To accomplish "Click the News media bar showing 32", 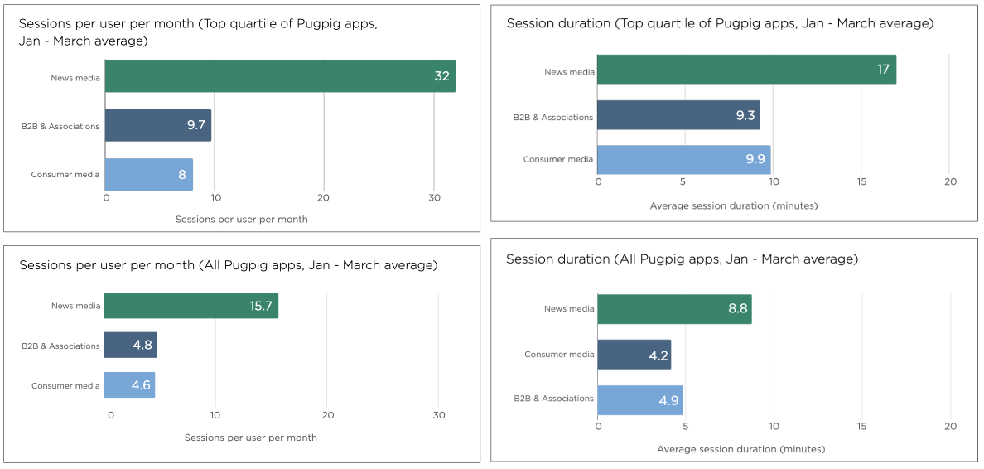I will click(x=280, y=76).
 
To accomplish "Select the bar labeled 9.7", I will click(x=157, y=125).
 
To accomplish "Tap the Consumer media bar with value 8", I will click(x=148, y=174).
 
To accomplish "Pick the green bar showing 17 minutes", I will click(x=745, y=70).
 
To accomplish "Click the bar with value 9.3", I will click(x=678, y=115).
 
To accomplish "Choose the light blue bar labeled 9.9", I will click(x=683, y=159).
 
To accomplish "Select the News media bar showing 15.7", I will click(x=191, y=306).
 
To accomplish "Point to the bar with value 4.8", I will click(x=130, y=345).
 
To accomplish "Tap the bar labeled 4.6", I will click(x=129, y=385).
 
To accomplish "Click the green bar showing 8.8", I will click(x=673, y=309).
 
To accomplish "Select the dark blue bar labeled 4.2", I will click(x=634, y=355).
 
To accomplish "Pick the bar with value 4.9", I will click(x=639, y=399).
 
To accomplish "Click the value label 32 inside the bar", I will click(x=441, y=76).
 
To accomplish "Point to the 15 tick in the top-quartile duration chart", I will click(x=861, y=181).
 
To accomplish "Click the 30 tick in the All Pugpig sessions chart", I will click(x=439, y=415).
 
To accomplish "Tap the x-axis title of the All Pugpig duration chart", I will click(x=740, y=449).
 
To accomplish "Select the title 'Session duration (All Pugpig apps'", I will click(x=682, y=259).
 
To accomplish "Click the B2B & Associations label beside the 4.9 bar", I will click(x=553, y=399).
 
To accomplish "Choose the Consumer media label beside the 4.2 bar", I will click(x=559, y=355).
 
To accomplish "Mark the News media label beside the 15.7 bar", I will click(x=75, y=306).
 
